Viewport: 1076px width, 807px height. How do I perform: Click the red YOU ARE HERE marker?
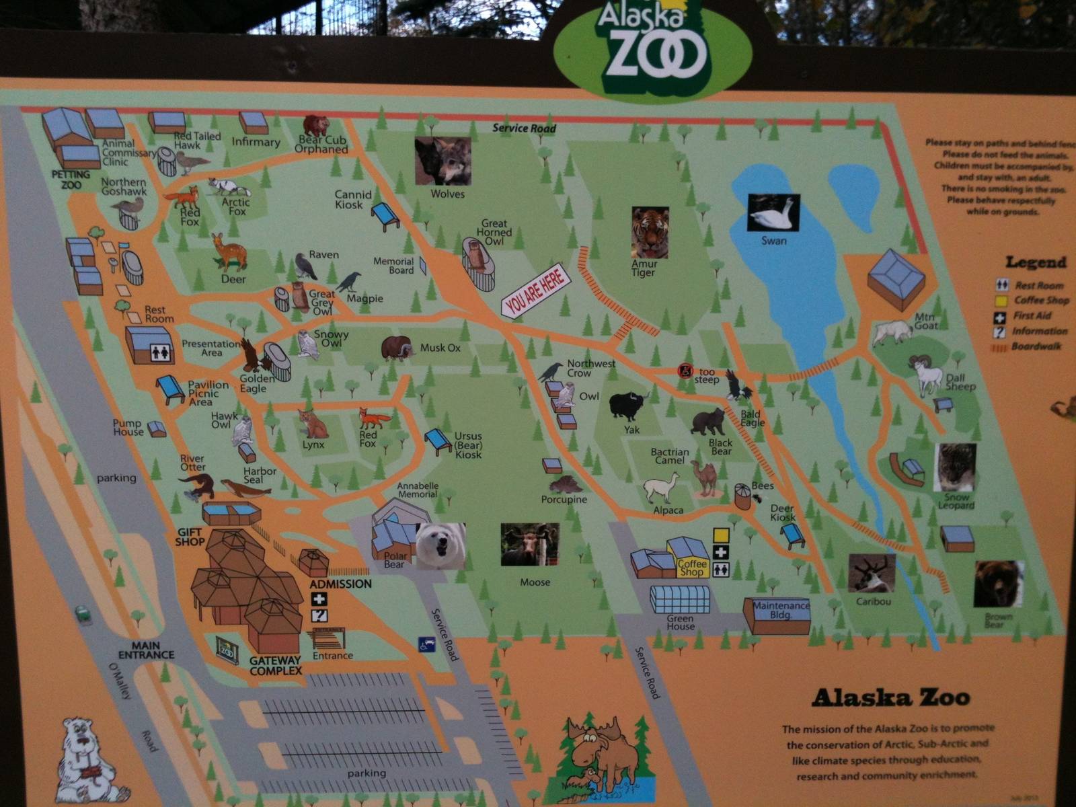tap(536, 293)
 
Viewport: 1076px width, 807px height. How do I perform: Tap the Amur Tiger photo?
tap(650, 233)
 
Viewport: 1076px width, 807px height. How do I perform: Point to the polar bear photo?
tap(440, 546)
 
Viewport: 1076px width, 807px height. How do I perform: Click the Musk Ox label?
tap(440, 348)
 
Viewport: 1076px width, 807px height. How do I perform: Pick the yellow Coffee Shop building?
tap(690, 557)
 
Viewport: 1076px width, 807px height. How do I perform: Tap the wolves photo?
tap(443, 161)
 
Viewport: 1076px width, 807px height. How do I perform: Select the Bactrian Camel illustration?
tap(705, 477)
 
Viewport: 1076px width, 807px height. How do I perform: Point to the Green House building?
tap(680, 599)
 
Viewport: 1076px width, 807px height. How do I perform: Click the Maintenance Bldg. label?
tap(780, 609)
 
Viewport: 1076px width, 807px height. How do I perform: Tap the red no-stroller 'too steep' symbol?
tap(685, 371)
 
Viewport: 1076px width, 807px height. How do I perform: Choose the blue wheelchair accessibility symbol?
tap(426, 644)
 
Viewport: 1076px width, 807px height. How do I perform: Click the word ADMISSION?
tap(340, 584)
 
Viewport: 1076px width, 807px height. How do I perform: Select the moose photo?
tap(529, 545)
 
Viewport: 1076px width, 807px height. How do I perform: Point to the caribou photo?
tap(872, 573)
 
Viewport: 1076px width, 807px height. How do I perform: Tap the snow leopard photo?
tap(955, 467)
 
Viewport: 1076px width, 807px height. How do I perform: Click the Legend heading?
tap(1036, 262)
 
